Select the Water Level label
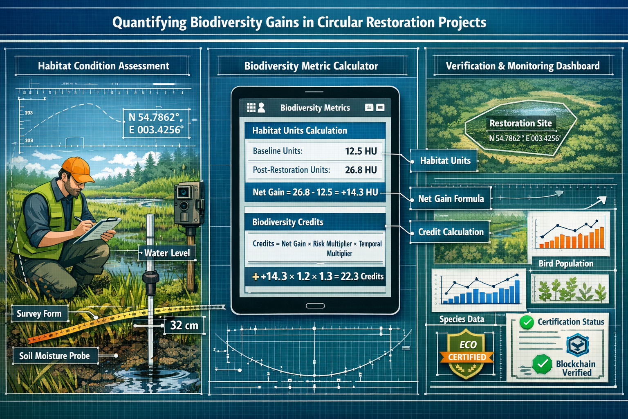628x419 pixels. pyautogui.click(x=167, y=253)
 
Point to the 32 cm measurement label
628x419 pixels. pyautogui.click(x=184, y=325)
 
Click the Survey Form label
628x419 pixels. pyautogui.click(x=39, y=314)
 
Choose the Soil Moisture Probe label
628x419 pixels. pyautogui.click(x=54, y=356)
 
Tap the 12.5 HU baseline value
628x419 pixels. pyautogui.click(x=361, y=151)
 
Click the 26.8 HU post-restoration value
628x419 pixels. pyautogui.click(x=361, y=170)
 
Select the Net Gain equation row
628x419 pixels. pyautogui.click(x=315, y=192)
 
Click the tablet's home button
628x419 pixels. pyautogui.click(x=315, y=306)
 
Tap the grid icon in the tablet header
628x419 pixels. pyautogui.click(x=251, y=108)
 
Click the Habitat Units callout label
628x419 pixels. pyautogui.click(x=445, y=161)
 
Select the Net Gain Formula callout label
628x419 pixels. pyautogui.click(x=451, y=199)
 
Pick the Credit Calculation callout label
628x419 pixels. pyautogui.click(x=451, y=232)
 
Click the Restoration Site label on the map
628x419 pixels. pyautogui.click(x=520, y=123)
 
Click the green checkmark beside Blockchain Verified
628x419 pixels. pyautogui.click(x=542, y=363)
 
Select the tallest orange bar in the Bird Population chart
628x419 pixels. pyautogui.click(x=601, y=238)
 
